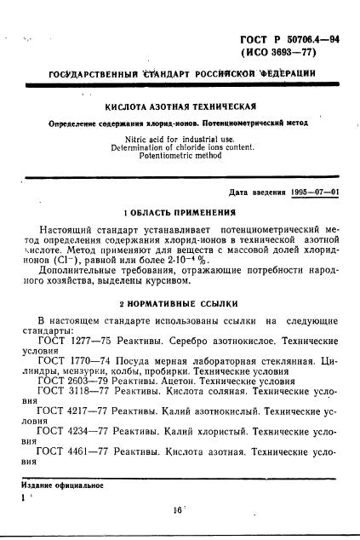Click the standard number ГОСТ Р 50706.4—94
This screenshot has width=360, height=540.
click(x=291, y=41)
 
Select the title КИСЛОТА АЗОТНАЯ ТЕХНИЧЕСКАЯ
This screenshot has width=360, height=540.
click(x=180, y=108)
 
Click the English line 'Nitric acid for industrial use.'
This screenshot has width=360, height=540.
click(x=180, y=139)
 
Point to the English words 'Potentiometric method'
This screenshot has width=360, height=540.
click(x=180, y=157)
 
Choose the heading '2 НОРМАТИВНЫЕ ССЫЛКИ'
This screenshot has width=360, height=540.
click(x=179, y=302)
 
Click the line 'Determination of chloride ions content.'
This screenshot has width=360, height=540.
click(x=180, y=147)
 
